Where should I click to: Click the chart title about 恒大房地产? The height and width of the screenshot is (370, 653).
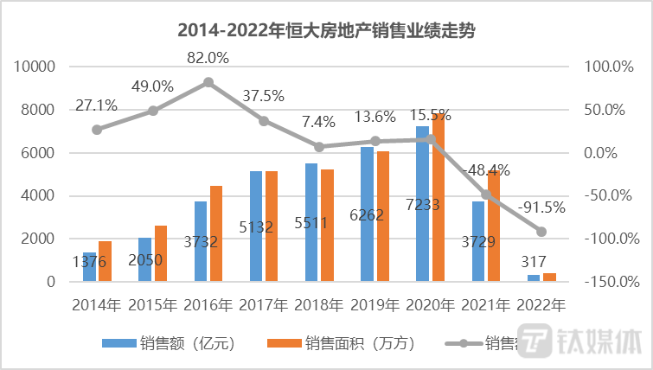pyautogui.click(x=326, y=30)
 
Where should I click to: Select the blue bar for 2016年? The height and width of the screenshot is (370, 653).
pyautogui.click(x=201, y=241)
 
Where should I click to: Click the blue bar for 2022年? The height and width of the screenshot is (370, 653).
pyautogui.click(x=534, y=278)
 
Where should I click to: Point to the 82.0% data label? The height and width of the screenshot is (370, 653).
pyautogui.click(x=208, y=58)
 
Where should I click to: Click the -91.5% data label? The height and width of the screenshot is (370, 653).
pyautogui.click(x=541, y=207)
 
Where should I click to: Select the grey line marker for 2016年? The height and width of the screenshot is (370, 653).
pyautogui.click(x=208, y=82)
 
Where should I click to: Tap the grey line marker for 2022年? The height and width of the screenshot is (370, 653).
pyautogui.click(x=541, y=232)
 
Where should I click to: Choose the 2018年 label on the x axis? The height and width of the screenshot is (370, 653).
pyautogui.click(x=319, y=304)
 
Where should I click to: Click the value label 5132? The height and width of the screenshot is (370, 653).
pyautogui.click(x=256, y=228)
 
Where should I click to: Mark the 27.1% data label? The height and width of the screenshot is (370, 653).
pyautogui.click(x=97, y=105)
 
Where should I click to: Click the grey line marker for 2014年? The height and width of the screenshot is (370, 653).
pyautogui.click(x=97, y=130)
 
